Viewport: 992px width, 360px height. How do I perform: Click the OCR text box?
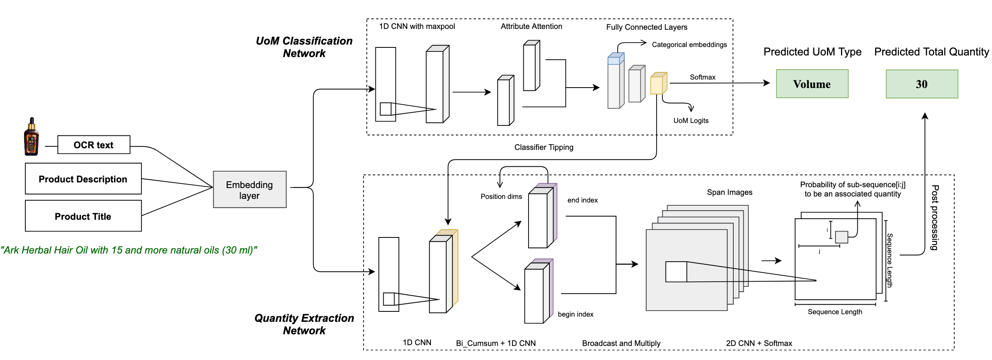click(x=94, y=145)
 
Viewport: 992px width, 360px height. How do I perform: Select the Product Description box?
click(x=83, y=179)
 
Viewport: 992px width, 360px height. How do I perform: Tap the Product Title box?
click(x=83, y=216)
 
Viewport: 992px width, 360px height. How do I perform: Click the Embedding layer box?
click(x=249, y=190)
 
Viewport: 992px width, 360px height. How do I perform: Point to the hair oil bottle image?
click(x=31, y=137)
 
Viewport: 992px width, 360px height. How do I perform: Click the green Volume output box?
click(x=812, y=84)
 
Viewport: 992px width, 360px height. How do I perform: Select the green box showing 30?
click(x=922, y=84)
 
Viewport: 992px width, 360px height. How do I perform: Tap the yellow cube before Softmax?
click(x=658, y=84)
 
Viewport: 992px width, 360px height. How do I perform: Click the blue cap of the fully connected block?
click(x=616, y=59)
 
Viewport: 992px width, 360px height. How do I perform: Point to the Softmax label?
click(x=702, y=77)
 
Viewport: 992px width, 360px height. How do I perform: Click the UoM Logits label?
click(x=691, y=121)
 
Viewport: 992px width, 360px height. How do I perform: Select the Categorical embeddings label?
click(x=689, y=45)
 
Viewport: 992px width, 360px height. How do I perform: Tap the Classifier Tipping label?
click(x=544, y=147)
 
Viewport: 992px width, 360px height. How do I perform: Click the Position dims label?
click(x=501, y=196)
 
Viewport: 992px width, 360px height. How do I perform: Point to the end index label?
click(x=582, y=200)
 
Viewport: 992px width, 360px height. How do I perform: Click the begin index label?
click(x=576, y=314)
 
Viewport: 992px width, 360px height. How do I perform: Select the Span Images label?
click(x=730, y=192)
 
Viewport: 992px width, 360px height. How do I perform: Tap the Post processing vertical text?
click(x=935, y=217)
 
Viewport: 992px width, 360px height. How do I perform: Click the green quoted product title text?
click(x=129, y=250)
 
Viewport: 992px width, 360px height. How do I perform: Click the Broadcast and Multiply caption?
click(x=621, y=343)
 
